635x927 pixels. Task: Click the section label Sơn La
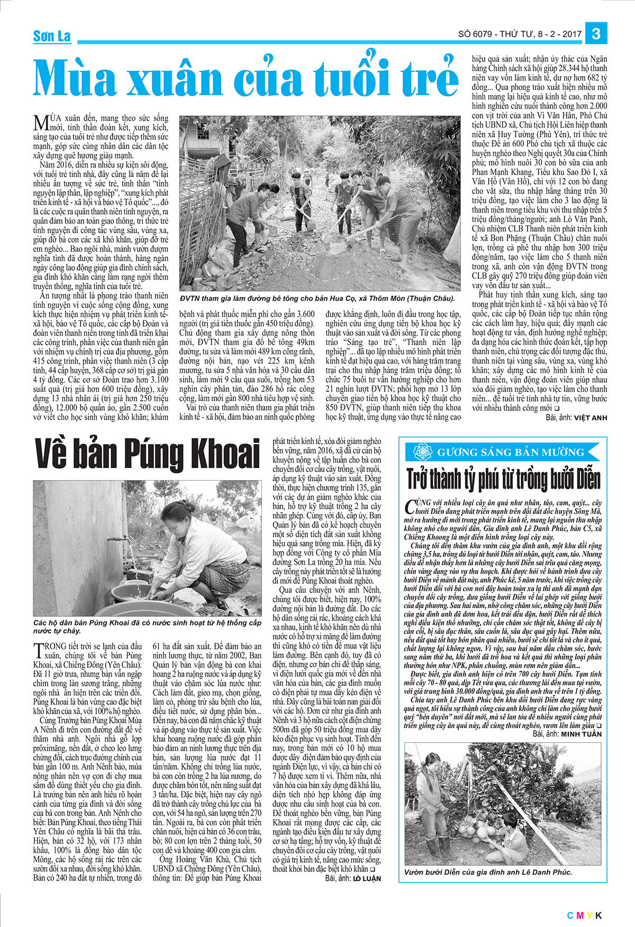tap(52, 36)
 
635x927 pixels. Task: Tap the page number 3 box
tap(596, 34)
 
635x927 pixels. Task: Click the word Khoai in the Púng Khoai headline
tap(218, 454)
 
